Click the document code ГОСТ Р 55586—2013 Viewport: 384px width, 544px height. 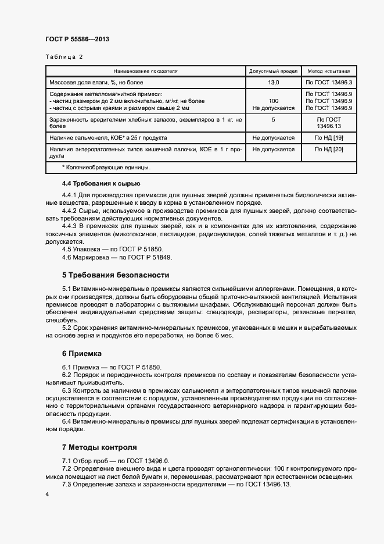(x=77, y=40)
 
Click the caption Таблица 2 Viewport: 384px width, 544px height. (x=64, y=57)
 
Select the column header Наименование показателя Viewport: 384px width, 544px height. (x=146, y=71)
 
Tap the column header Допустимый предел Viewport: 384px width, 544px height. (x=273, y=71)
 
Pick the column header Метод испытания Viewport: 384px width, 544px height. (x=329, y=71)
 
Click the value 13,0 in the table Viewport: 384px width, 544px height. (x=273, y=83)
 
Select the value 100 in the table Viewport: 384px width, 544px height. (x=273, y=101)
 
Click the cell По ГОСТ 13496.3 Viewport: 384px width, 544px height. (x=329, y=83)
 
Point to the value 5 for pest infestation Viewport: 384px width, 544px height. (x=273, y=119)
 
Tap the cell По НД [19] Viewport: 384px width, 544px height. (x=329, y=138)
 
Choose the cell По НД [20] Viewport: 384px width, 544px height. (x=329, y=150)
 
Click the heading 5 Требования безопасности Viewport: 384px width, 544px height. (x=115, y=275)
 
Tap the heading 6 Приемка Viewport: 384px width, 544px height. (x=81, y=353)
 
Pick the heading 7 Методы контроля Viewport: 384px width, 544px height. (x=99, y=447)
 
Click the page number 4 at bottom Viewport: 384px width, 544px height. (x=46, y=494)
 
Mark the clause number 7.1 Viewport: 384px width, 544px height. (x=66, y=461)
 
